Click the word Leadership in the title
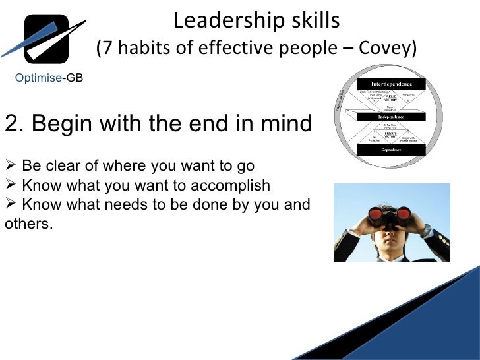tap(219, 20)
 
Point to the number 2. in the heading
tap(13, 123)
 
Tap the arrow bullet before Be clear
tap(11, 165)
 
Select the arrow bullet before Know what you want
tap(11, 185)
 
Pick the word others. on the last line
tap(28, 223)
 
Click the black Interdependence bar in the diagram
tap(392, 84)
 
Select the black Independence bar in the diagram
tap(392, 117)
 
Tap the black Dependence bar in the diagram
tap(392, 150)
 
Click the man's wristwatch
tap(425, 230)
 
